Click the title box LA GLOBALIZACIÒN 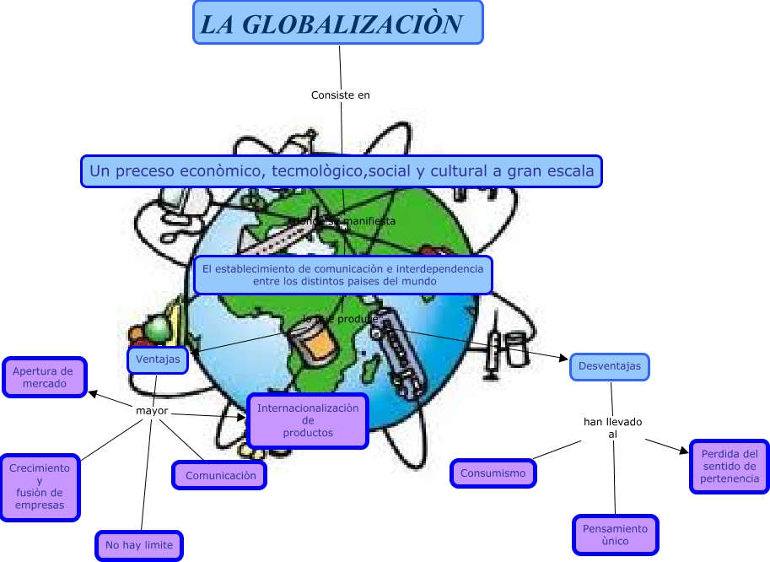[337, 23]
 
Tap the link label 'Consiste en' [340, 95]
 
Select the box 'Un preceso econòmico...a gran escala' [342, 171]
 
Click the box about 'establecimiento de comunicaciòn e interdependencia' [343, 275]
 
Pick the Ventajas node [158, 360]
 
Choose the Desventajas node [610, 366]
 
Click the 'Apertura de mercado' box [44, 377]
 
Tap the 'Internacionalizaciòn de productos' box [308, 420]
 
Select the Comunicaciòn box [220, 475]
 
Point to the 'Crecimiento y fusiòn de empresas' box [40, 487]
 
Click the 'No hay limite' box [139, 545]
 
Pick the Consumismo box [493, 473]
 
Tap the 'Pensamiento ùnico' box [616, 535]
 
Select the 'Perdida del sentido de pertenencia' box [730, 467]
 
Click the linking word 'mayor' [152, 411]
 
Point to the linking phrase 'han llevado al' [613, 427]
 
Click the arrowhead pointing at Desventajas [564, 359]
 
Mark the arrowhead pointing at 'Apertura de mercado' [93, 392]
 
